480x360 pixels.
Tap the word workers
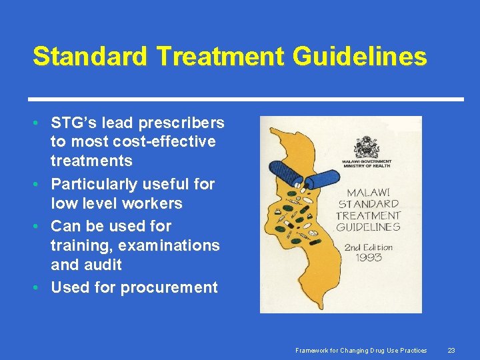pos(152,203)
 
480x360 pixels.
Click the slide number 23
pos(451,350)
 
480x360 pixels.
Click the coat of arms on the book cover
pos(367,146)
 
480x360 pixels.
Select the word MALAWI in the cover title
pos(368,192)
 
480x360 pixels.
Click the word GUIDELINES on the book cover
pos(368,227)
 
